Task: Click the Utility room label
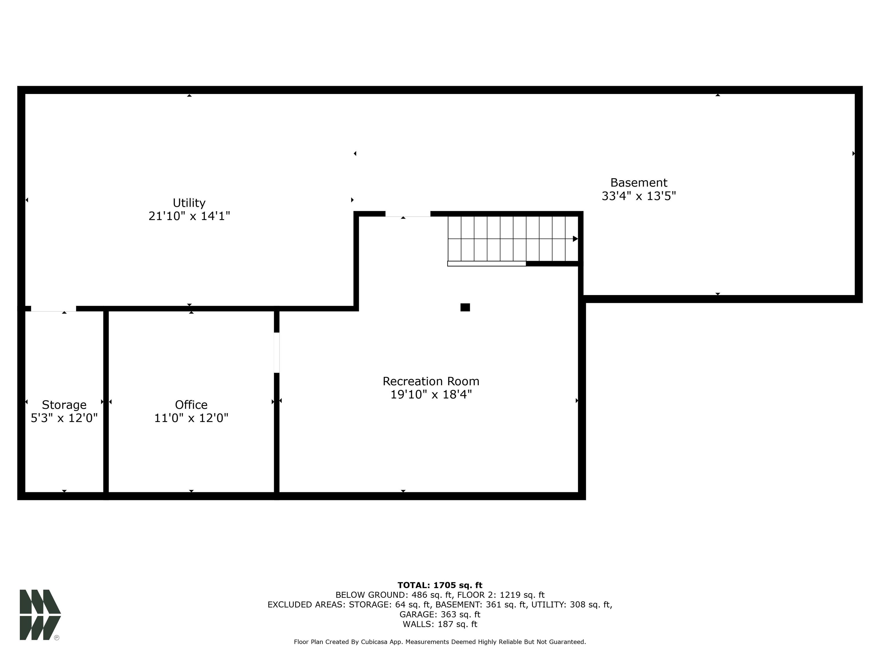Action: point(189,203)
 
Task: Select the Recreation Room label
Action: point(431,381)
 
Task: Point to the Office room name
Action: point(191,404)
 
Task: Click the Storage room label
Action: point(64,404)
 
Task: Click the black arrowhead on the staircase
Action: point(575,239)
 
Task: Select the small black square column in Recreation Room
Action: point(465,307)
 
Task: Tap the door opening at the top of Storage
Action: point(53,309)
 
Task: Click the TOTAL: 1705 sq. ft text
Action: point(440,585)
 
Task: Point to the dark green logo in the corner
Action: point(40,615)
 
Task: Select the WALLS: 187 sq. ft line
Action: point(440,624)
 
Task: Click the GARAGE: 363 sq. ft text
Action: point(440,614)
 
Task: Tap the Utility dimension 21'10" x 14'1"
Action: point(189,216)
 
